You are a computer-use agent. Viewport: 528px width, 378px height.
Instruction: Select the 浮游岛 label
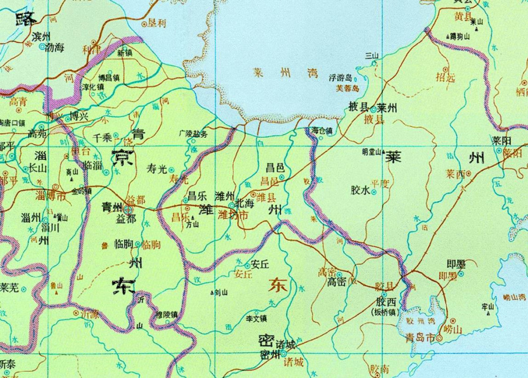click(340, 78)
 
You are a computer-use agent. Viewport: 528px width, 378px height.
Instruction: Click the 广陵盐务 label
click(193, 134)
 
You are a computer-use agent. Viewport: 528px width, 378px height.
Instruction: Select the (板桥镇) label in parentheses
click(386, 312)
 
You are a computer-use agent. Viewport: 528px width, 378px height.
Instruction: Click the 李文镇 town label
click(257, 318)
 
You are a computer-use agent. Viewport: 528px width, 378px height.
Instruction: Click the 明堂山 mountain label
click(372, 152)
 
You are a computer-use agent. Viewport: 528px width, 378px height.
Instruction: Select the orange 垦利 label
click(157, 23)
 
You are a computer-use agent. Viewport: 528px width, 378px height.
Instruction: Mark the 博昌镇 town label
click(109, 77)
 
